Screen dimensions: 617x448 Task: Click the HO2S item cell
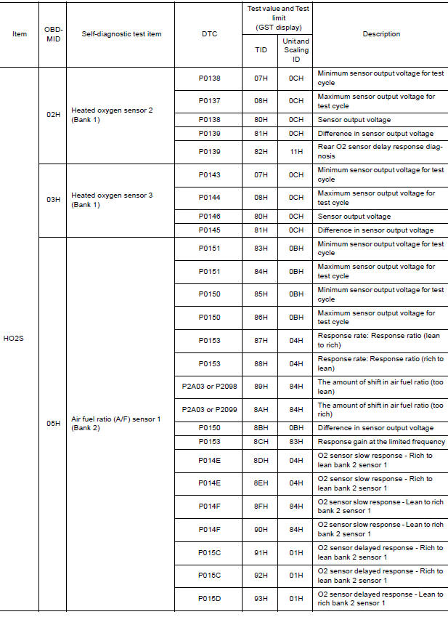[19, 338]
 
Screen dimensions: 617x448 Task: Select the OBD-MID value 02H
[53, 115]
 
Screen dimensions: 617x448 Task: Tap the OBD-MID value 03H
[53, 199]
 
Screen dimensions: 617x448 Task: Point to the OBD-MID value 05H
[53, 423]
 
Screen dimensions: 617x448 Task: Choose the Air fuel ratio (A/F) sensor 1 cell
[115, 423]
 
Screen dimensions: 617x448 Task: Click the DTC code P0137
[209, 101]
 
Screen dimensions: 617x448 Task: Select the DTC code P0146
[209, 216]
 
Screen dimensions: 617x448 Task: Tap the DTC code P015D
[209, 598]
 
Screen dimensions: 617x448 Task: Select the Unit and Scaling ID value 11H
[296, 152]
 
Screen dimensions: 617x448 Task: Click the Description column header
[381, 34]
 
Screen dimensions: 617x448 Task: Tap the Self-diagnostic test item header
[121, 34]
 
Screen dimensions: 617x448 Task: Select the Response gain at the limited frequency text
[380, 441]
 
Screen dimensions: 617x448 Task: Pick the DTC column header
[209, 34]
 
